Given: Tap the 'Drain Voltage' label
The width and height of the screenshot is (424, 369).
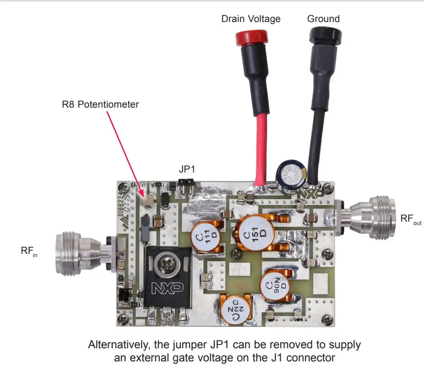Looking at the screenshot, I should pos(251,19).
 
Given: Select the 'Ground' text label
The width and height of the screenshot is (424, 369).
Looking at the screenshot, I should pos(324,19).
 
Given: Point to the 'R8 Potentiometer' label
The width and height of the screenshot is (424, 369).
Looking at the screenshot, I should pos(100,104).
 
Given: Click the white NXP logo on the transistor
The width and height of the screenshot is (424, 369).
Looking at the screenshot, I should pos(167,288).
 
